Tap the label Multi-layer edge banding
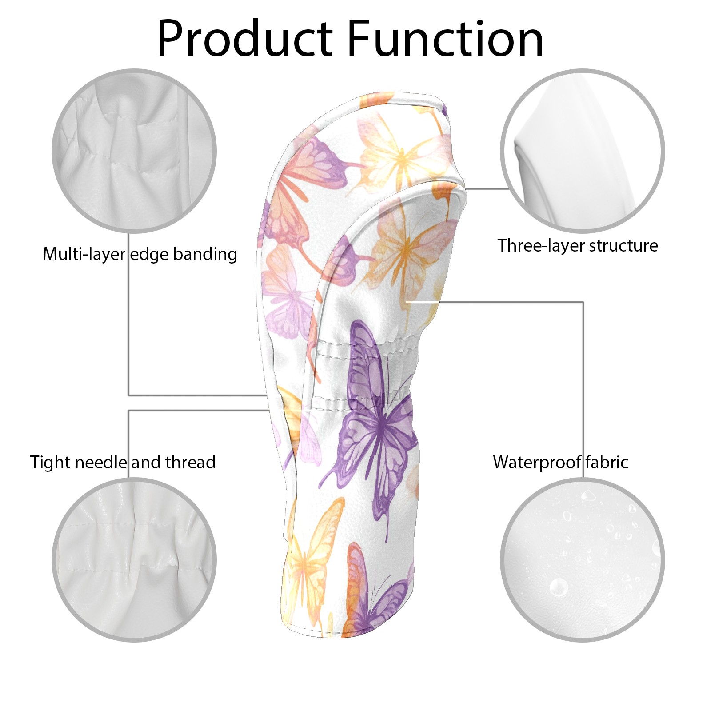click(140, 254)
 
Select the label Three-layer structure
click(577, 245)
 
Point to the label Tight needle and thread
click(123, 462)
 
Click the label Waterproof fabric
click(560, 462)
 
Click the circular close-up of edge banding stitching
click(134, 151)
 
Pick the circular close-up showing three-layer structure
click(582, 151)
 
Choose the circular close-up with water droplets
click(582, 560)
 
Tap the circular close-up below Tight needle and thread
click(134, 560)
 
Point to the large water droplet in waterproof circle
click(559, 587)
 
